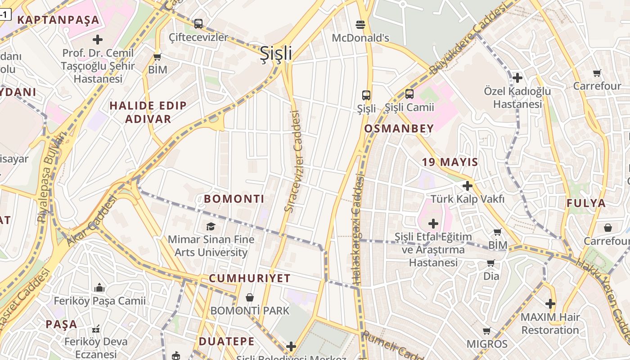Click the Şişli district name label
276,53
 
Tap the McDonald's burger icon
360,24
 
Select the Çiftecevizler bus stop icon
198,23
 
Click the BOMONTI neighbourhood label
234,199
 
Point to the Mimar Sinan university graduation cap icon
211,226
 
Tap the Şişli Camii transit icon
409,94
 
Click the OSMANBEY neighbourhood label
399,129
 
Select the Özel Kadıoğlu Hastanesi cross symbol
517,78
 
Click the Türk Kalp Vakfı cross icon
468,185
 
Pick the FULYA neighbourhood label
586,203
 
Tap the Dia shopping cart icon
491,262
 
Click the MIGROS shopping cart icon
486,331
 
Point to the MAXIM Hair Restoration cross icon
550,303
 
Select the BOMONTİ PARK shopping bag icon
250,297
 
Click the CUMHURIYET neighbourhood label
249,278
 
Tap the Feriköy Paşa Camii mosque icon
99,287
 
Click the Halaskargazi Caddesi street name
358,229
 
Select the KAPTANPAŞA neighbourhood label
58,20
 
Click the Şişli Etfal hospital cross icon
433,223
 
